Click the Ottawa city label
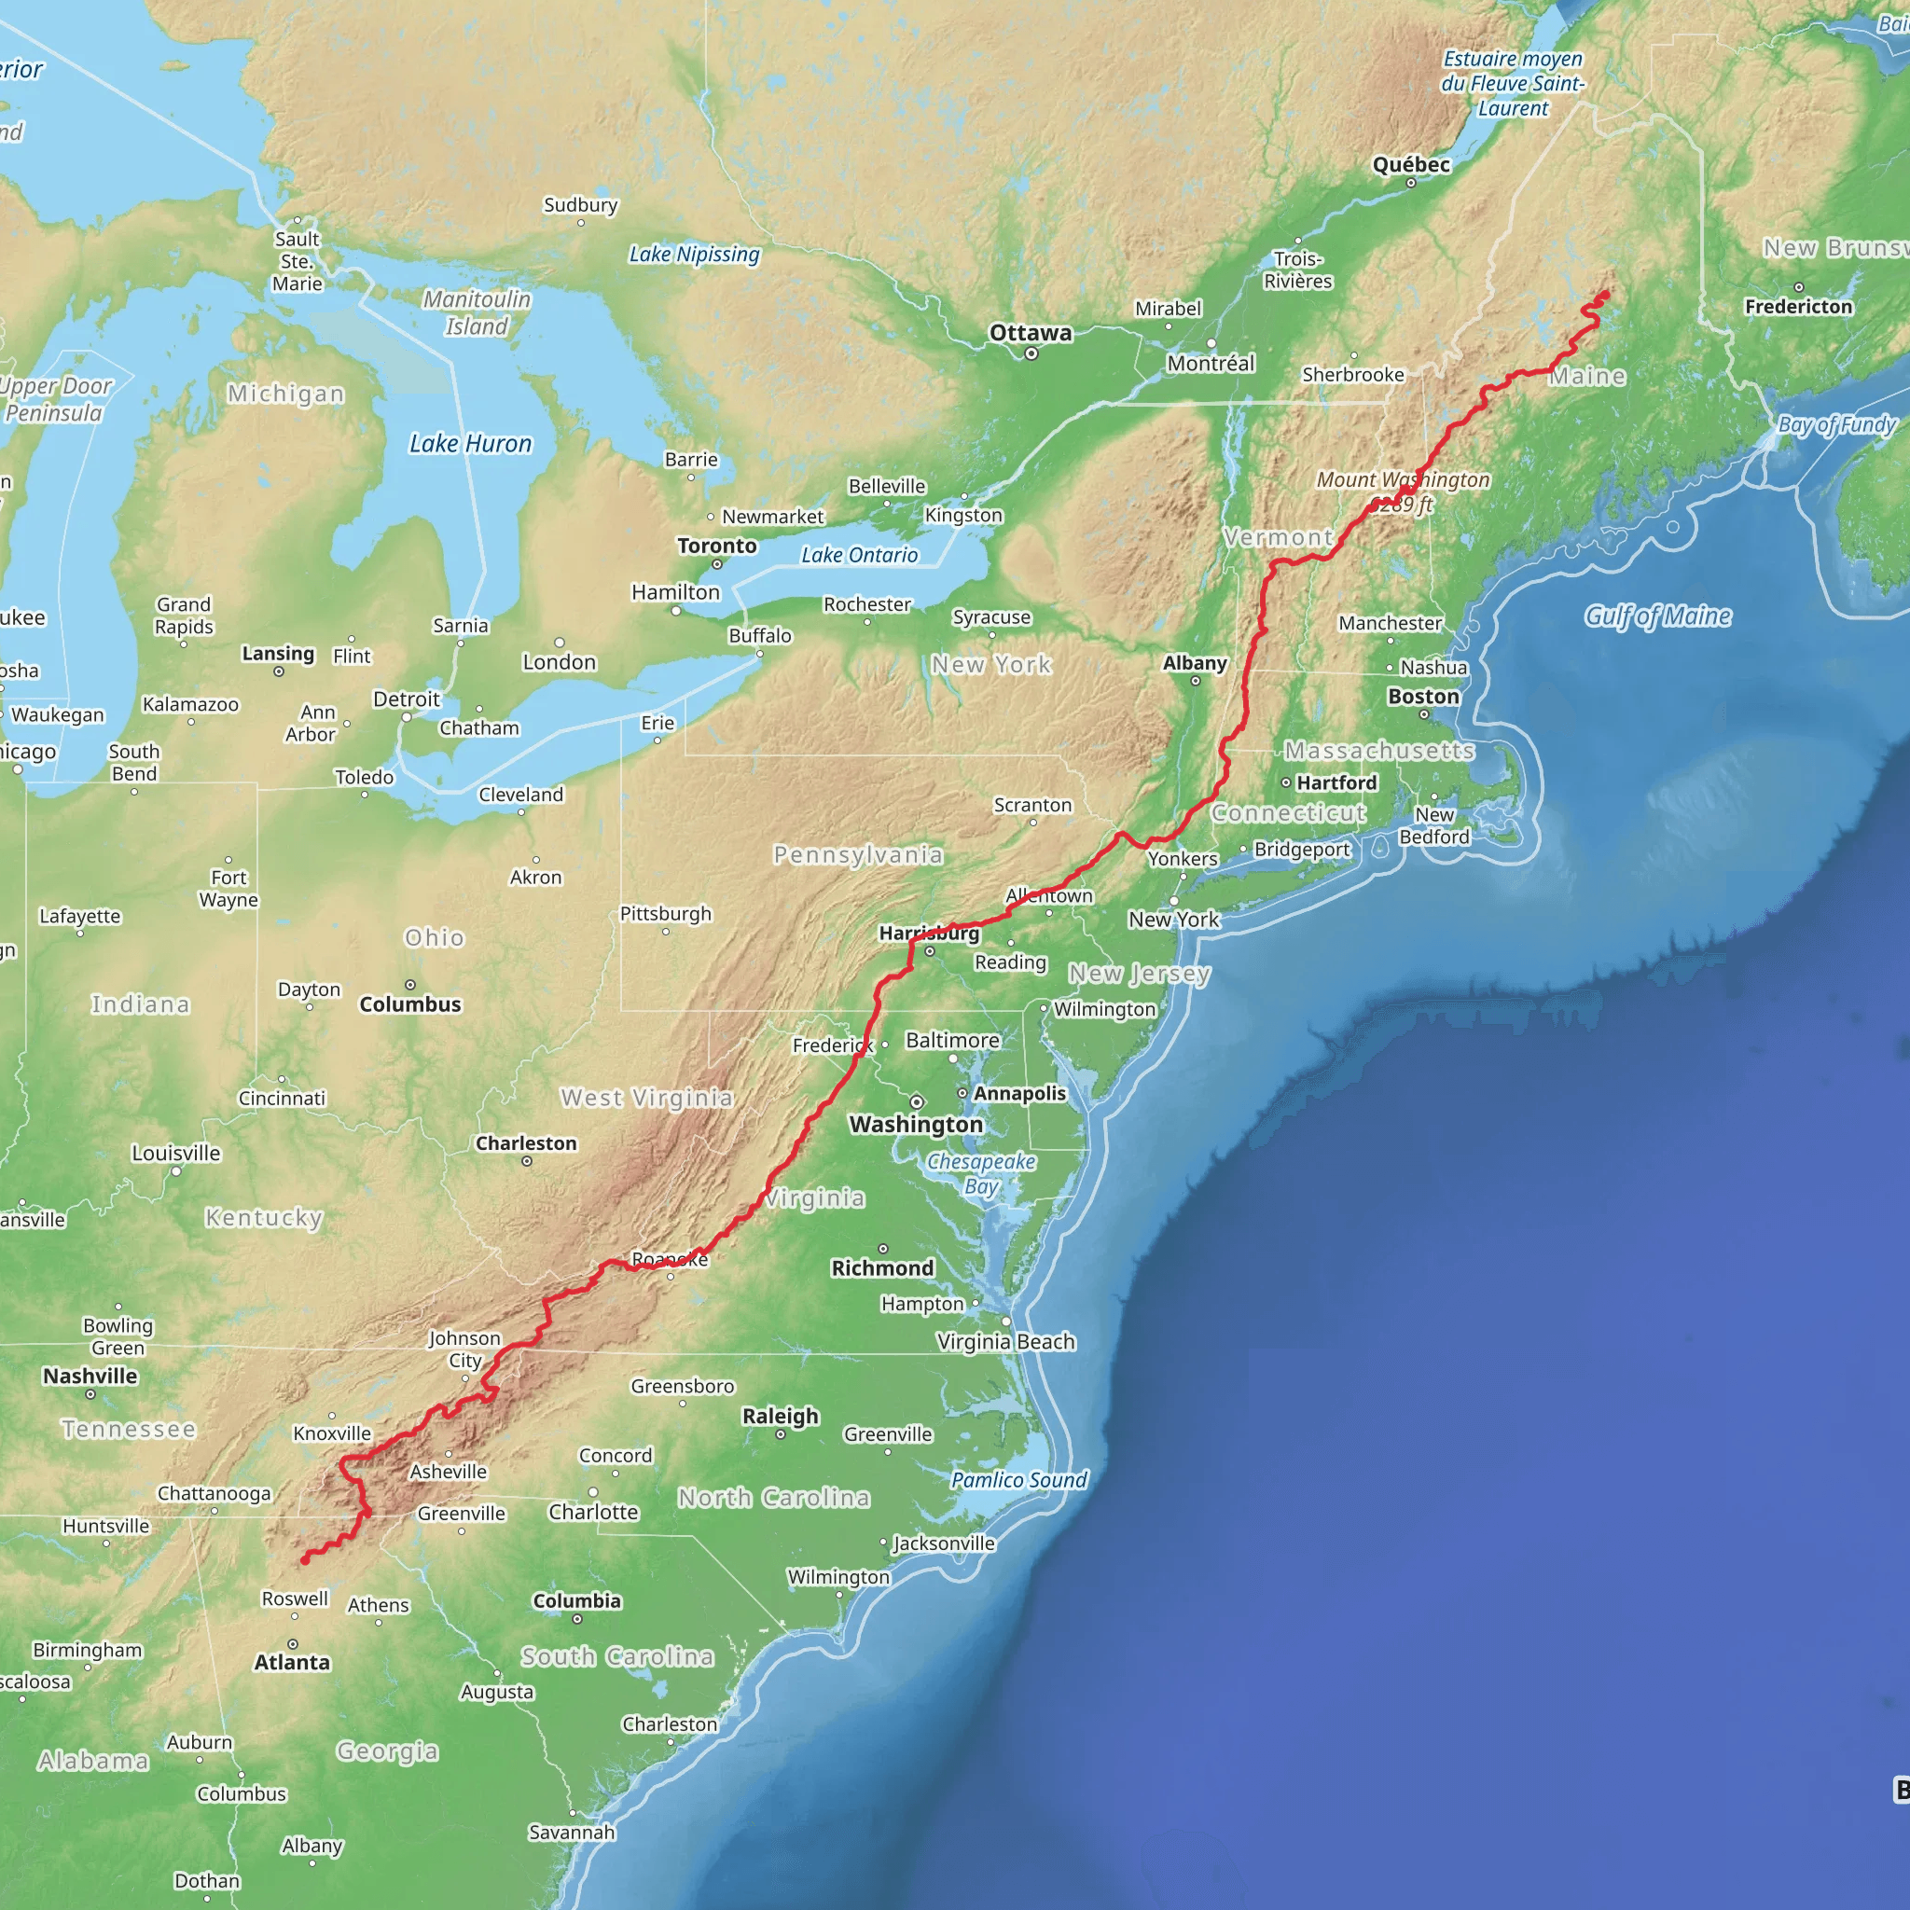1031,332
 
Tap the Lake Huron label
471,444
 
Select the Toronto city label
717,546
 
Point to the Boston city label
1422,696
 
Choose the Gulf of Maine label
1658,616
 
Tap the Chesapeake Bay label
981,1173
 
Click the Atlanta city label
292,1662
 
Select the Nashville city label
90,1376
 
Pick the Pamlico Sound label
1018,1479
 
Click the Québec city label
1411,164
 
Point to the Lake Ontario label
859,555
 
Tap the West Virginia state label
646,1098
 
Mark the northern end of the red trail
1606,293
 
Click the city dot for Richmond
883,1249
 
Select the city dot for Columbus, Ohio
410,985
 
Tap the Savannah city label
572,1832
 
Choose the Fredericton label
1798,307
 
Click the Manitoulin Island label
477,312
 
